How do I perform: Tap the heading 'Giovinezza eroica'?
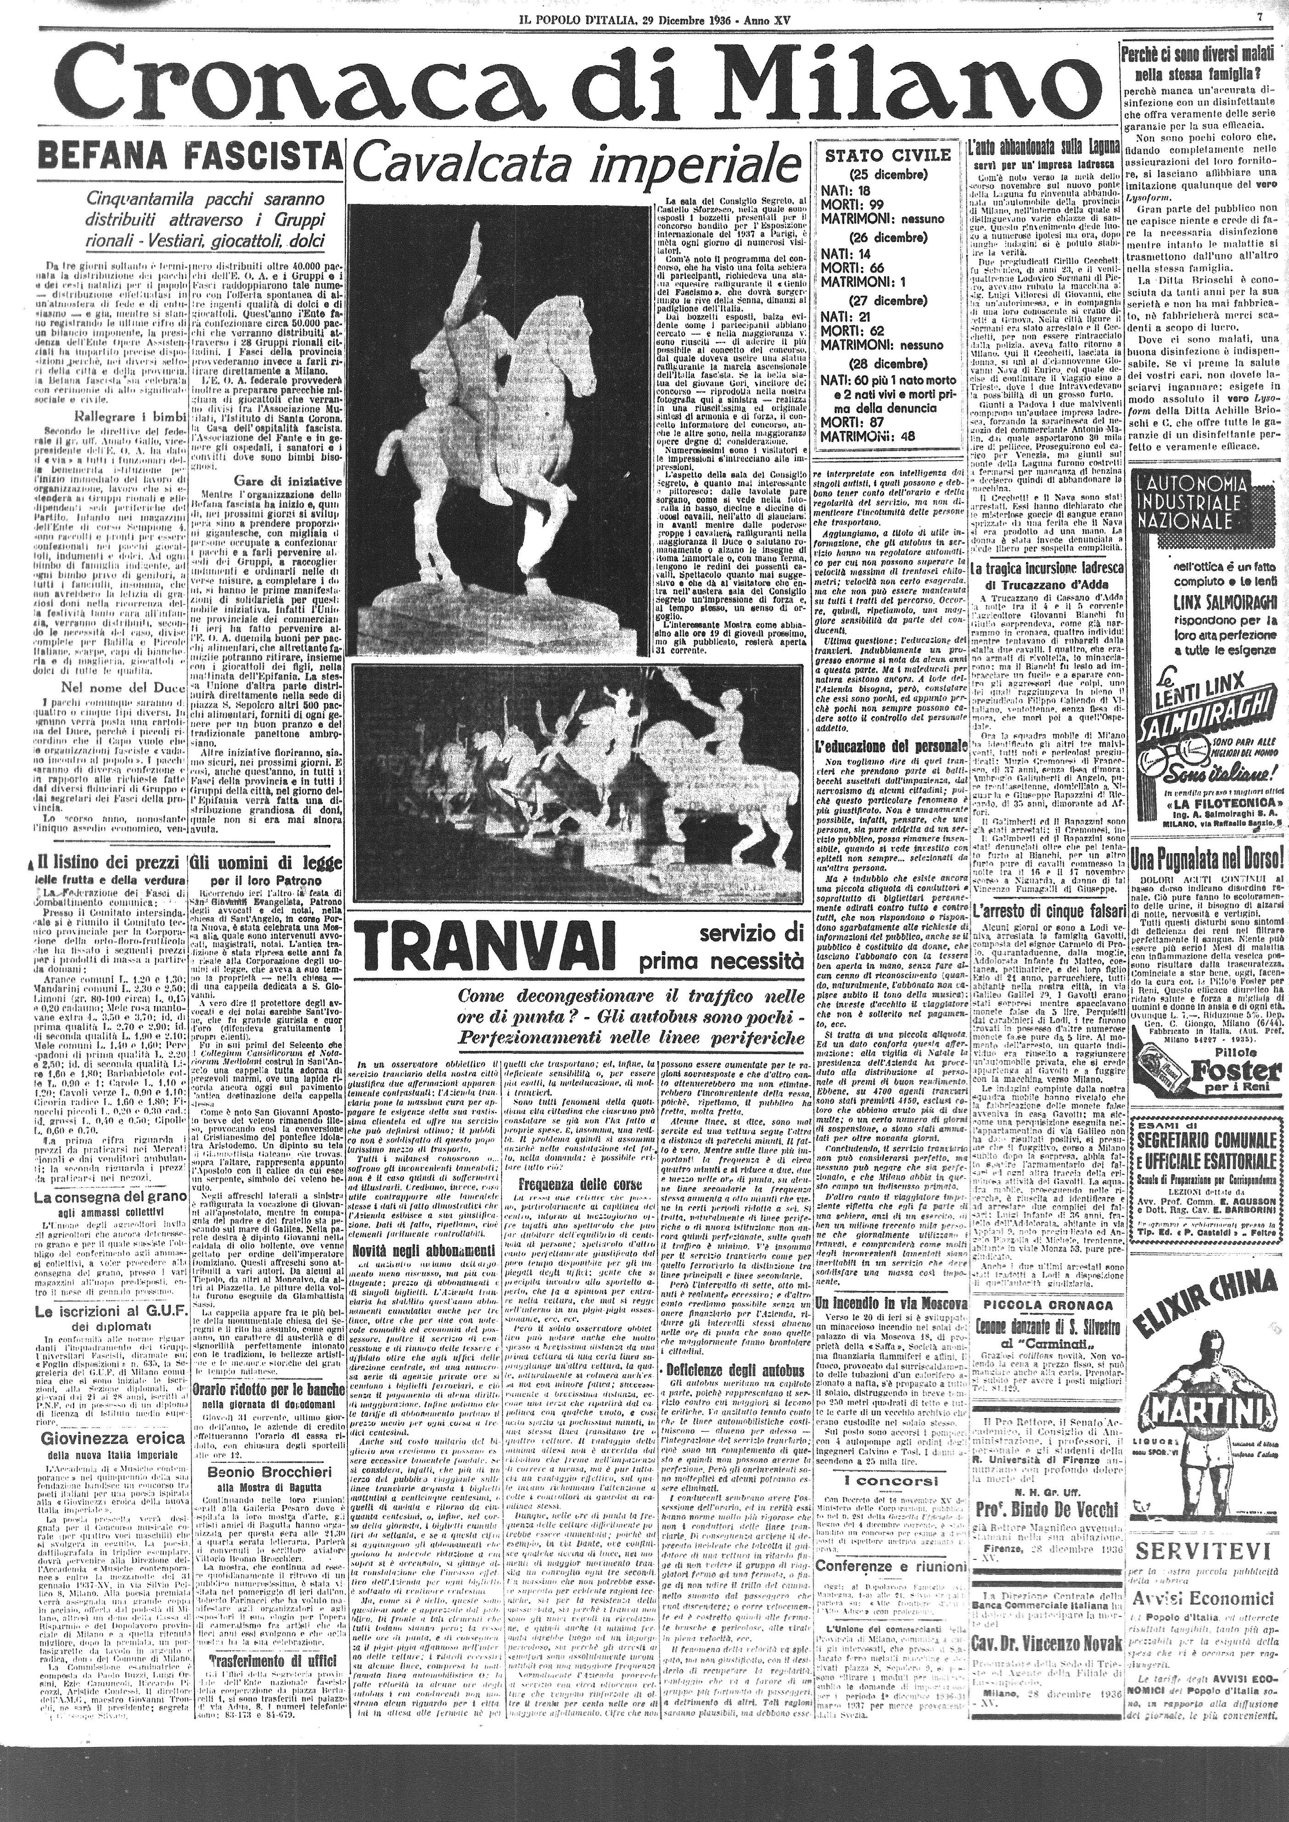pos(105,1416)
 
